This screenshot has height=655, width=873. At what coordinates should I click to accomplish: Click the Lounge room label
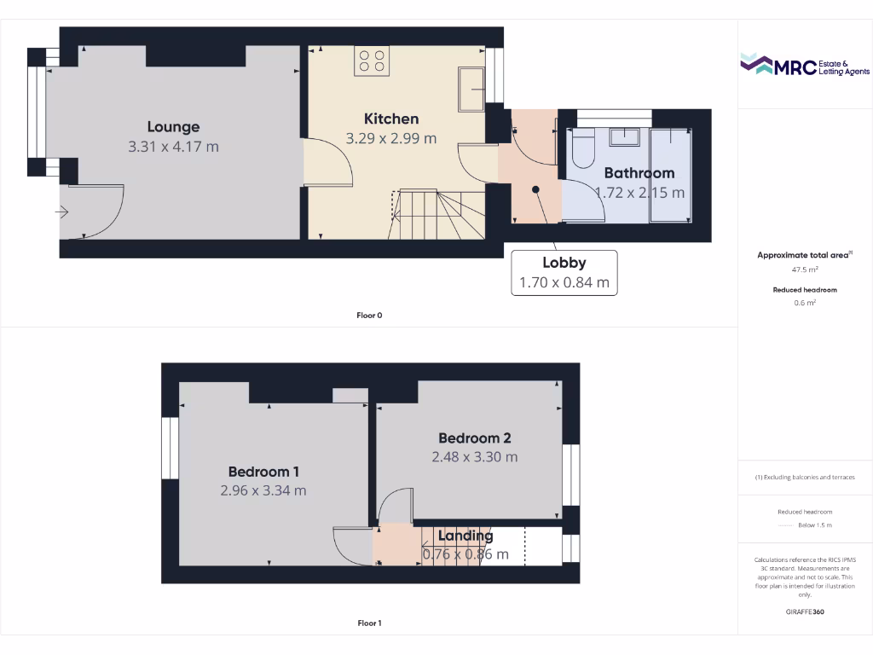pyautogui.click(x=173, y=127)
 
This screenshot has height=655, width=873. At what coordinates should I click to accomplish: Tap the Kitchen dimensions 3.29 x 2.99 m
pyautogui.click(x=391, y=138)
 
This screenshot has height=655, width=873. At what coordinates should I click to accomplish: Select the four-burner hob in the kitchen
pyautogui.click(x=373, y=61)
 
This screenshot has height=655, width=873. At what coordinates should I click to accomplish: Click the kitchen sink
pyautogui.click(x=471, y=88)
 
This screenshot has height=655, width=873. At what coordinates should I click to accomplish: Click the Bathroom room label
pyautogui.click(x=639, y=173)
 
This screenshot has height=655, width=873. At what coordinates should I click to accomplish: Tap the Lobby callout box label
pyautogui.click(x=564, y=263)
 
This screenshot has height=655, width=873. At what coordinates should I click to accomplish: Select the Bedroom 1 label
pyautogui.click(x=263, y=472)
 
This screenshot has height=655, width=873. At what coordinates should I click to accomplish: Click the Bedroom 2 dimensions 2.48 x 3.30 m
pyautogui.click(x=474, y=457)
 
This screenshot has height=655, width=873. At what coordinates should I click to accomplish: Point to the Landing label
pyautogui.click(x=465, y=536)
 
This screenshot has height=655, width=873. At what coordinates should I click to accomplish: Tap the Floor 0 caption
pyautogui.click(x=369, y=316)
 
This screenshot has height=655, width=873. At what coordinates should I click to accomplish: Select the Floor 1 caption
pyautogui.click(x=369, y=623)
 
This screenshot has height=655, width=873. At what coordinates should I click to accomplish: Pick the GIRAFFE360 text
pyautogui.click(x=805, y=612)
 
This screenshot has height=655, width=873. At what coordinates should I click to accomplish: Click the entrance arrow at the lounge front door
pyautogui.click(x=64, y=212)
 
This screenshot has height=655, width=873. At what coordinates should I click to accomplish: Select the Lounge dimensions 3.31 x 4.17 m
pyautogui.click(x=173, y=147)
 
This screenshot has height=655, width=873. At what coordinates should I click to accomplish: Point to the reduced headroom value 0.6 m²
pyautogui.click(x=805, y=303)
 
